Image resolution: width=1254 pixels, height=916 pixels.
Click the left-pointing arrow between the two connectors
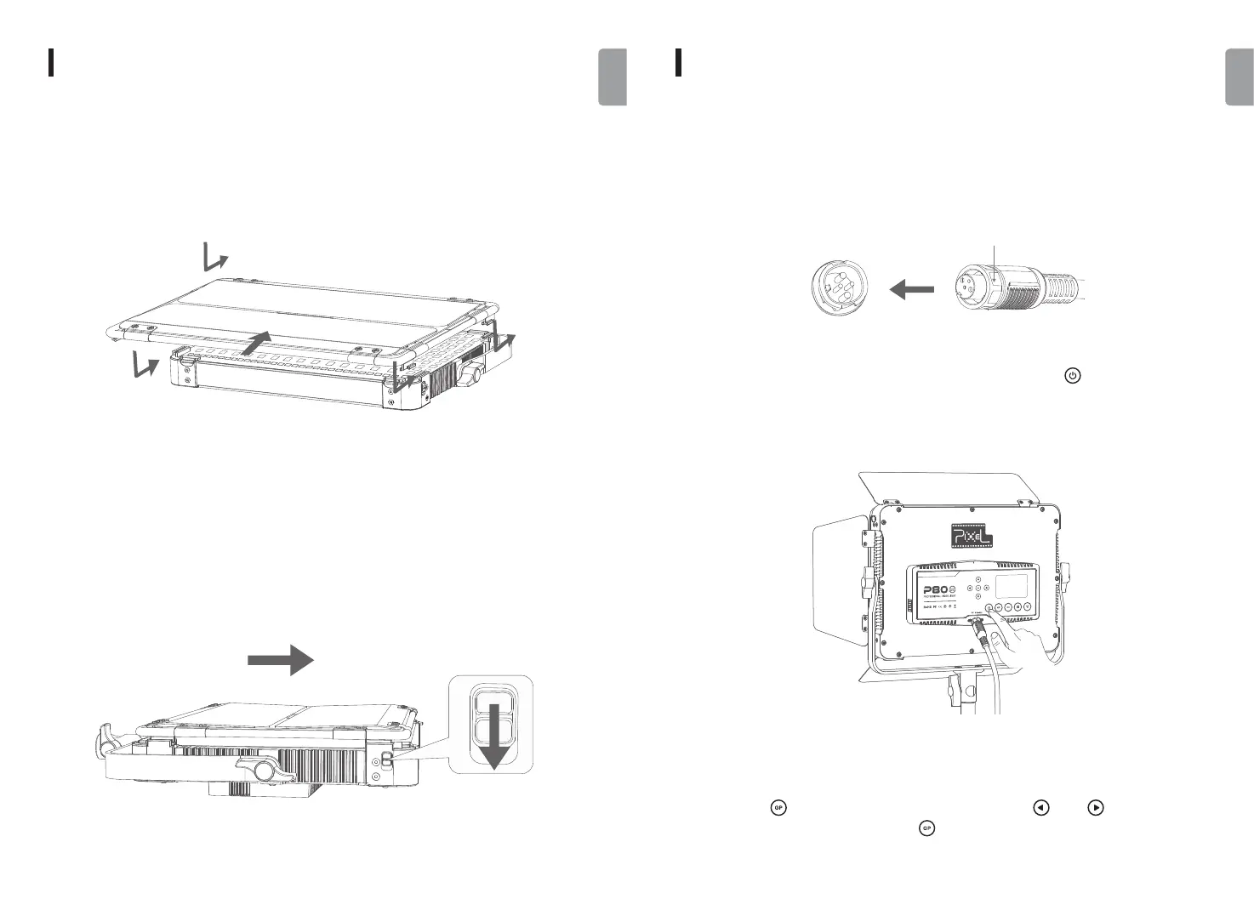(x=911, y=291)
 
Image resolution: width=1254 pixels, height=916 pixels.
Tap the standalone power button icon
(x=1073, y=375)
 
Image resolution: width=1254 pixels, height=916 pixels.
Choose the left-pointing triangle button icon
(x=1039, y=808)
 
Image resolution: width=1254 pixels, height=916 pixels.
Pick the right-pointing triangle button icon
(x=1097, y=808)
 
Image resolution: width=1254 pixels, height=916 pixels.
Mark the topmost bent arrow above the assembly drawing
(x=216, y=256)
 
